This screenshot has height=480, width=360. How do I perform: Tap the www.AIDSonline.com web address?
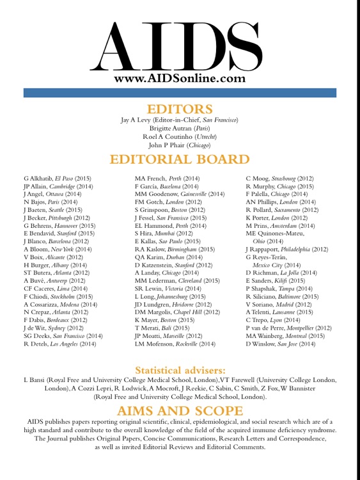[x=180, y=78]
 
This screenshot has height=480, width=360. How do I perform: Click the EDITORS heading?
[x=180, y=109]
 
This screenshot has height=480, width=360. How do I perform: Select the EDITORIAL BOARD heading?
[x=180, y=159]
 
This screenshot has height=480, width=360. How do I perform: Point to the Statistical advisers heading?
[x=180, y=369]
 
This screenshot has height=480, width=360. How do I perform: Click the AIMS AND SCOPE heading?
[x=180, y=410]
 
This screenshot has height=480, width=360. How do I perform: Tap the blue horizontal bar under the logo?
[x=180, y=93]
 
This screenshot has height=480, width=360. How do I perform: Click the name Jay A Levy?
[x=139, y=120]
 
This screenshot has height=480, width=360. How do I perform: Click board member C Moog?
[x=258, y=178]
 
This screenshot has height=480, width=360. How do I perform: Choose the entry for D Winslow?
[x=261, y=344]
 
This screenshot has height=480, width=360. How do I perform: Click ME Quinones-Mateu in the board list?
[x=276, y=234]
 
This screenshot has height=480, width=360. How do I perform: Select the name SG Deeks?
[x=38, y=335]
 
